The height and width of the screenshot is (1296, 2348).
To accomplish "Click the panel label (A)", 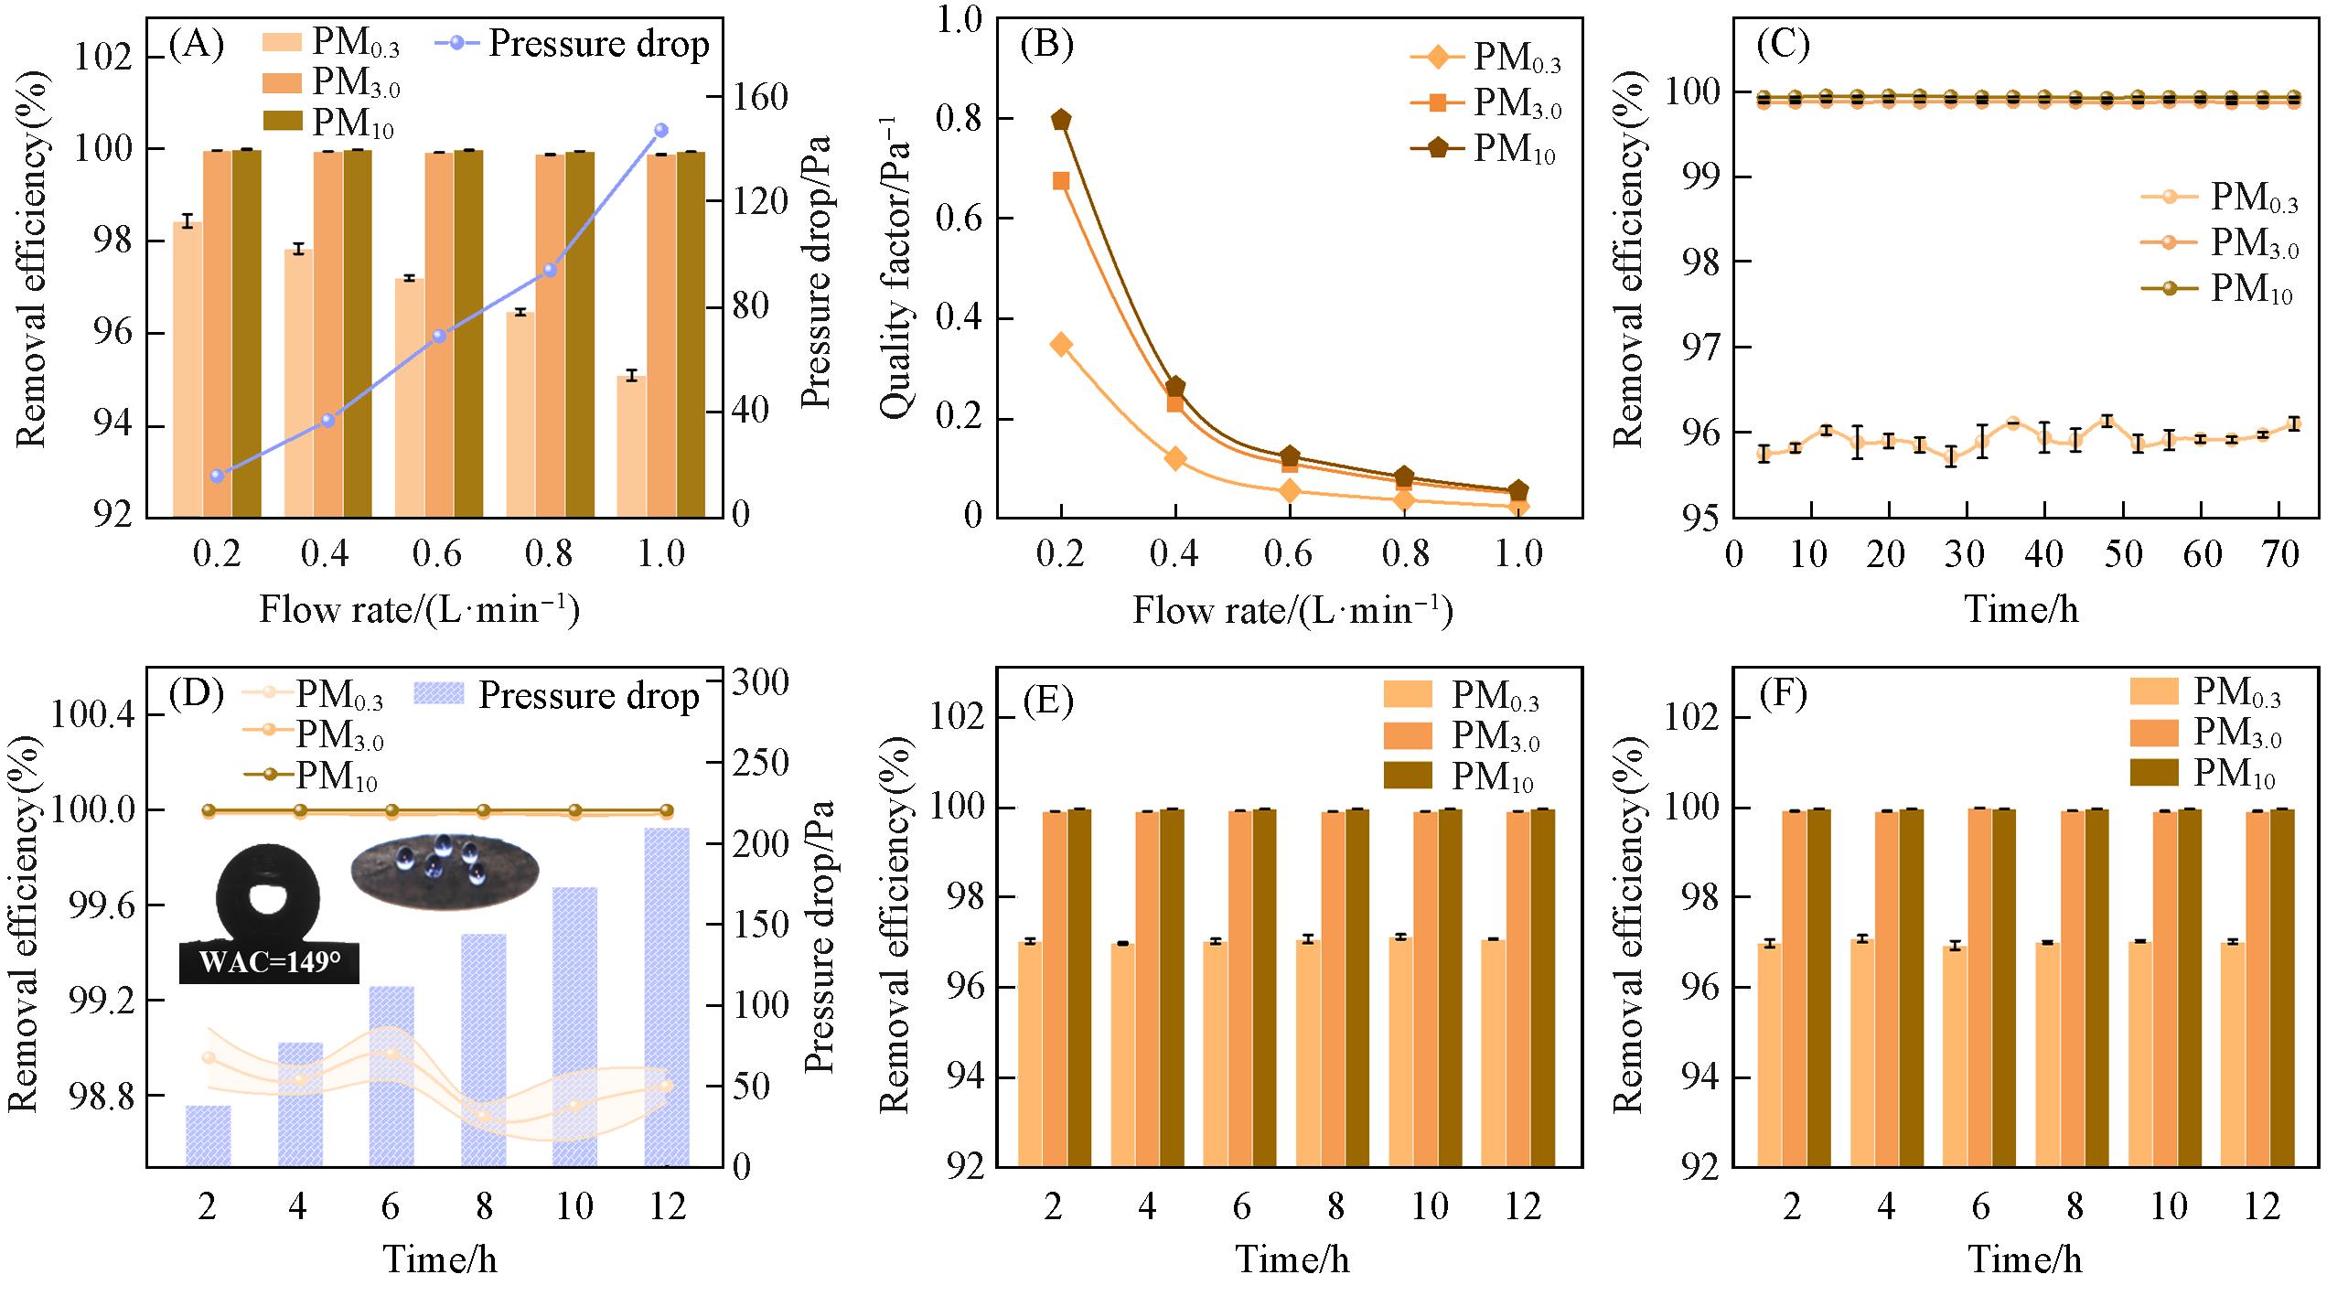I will click(x=196, y=45).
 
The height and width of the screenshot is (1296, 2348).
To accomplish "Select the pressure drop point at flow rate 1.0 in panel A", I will click(x=661, y=131).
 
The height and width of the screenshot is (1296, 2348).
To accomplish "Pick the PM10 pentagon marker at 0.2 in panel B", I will click(x=1061, y=120).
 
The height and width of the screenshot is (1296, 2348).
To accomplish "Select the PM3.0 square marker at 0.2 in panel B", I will click(x=1061, y=180).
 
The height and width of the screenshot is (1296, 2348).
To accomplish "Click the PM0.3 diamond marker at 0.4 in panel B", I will click(x=1175, y=458).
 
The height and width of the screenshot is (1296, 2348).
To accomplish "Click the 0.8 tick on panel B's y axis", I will click(x=960, y=119).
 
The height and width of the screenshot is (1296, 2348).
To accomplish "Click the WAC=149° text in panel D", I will click(x=267, y=962).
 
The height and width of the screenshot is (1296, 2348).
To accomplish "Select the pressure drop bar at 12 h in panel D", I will click(x=667, y=996).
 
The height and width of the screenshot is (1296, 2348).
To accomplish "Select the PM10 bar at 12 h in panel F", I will click(x=2281, y=987).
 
